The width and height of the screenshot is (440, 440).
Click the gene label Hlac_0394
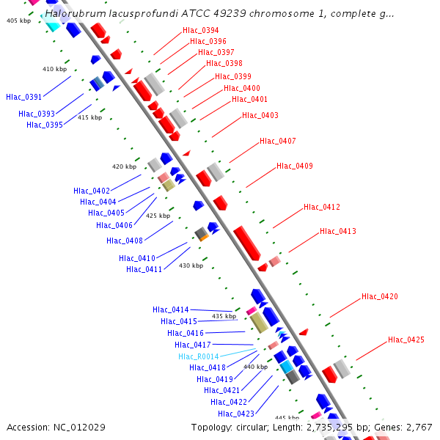(200, 31)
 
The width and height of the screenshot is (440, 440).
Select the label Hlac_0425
(406, 340)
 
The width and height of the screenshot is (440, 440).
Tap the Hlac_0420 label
(379, 297)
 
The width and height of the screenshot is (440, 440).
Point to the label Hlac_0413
(337, 232)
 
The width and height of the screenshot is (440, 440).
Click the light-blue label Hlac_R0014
(198, 356)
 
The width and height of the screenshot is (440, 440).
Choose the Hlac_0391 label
(24, 97)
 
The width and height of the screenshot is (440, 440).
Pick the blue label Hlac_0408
(124, 241)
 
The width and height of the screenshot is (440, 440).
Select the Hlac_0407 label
(277, 141)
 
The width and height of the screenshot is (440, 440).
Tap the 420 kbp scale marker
(124, 166)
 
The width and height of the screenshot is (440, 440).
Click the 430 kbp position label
(191, 265)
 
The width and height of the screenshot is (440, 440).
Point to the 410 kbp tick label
(54, 69)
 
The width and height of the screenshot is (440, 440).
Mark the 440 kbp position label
(255, 367)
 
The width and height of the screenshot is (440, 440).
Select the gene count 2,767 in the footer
(418, 427)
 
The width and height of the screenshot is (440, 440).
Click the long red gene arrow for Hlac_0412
(247, 243)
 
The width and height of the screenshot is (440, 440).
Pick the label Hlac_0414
(170, 310)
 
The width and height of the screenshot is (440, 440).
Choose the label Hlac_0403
(260, 115)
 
